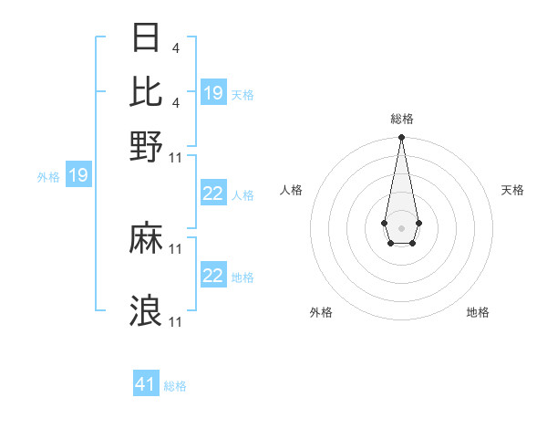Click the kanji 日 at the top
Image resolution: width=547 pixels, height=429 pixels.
(147, 37)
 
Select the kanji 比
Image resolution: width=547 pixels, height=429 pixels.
(147, 91)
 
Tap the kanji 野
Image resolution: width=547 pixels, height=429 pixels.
(147, 145)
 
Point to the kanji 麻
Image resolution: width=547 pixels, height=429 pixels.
(147, 239)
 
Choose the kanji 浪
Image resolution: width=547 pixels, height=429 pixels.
(147, 310)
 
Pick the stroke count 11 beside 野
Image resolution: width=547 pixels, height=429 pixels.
(177, 157)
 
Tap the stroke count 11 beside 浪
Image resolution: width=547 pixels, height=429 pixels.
(177, 321)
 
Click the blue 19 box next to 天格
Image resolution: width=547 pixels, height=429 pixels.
(213, 93)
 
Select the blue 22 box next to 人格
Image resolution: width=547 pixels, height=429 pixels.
(213, 194)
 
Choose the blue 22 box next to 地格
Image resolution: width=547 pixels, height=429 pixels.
(213, 277)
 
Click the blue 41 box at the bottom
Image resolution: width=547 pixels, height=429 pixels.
(146, 384)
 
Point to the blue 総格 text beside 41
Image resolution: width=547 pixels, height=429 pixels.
(175, 386)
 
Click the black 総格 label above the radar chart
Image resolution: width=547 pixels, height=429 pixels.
(401, 120)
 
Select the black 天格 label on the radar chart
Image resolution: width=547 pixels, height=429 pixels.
(512, 190)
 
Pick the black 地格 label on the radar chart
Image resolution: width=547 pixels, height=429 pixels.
(478, 313)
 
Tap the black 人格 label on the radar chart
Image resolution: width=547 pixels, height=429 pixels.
(291, 190)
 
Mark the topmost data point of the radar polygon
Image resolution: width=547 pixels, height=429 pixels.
(401, 138)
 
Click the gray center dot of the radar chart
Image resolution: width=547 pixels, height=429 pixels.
(401, 226)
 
